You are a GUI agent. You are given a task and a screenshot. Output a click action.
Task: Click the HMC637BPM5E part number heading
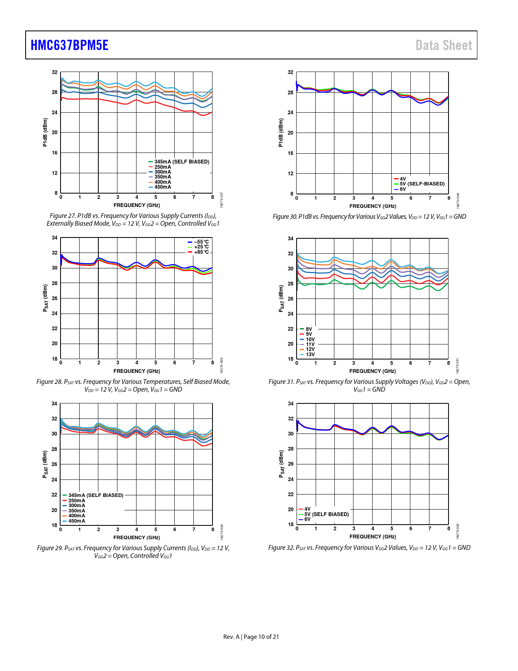(69, 45)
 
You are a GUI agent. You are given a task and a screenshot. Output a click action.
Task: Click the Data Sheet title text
(444, 45)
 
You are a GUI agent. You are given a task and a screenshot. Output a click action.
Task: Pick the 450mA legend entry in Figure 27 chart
(163, 187)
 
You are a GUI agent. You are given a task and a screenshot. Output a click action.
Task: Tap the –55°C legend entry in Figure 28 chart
(201, 242)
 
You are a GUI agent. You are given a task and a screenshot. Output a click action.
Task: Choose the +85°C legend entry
(201, 252)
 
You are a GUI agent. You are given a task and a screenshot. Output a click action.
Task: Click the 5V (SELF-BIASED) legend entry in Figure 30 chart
(422, 184)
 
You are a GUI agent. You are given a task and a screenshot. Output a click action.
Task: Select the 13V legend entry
(310, 355)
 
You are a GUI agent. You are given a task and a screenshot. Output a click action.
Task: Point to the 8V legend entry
(309, 329)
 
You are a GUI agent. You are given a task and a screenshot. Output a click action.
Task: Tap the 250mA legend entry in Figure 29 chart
(76, 501)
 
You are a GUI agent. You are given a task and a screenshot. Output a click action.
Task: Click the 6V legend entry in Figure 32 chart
(307, 519)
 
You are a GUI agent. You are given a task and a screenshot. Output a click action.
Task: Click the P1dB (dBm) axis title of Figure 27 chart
(45, 132)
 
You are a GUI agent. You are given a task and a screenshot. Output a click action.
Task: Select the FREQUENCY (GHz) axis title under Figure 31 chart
(373, 371)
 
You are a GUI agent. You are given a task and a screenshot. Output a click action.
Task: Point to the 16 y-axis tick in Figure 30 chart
(290, 153)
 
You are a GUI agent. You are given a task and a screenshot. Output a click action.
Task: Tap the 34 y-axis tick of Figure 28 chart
(54, 238)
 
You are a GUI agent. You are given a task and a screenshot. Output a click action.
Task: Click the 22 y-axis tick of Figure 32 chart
(290, 495)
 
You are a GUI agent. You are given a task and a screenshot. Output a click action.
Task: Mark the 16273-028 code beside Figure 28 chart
(221, 365)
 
